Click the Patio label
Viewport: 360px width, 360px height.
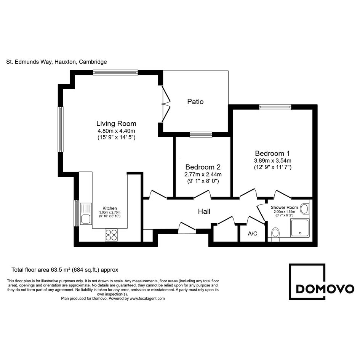coord(195,101)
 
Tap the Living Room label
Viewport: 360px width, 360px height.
coord(116,123)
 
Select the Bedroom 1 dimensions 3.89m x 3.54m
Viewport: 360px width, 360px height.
coord(272,160)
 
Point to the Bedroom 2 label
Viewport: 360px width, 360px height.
coord(203,167)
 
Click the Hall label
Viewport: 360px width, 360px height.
coord(204,211)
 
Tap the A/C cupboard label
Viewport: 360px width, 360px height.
coord(253,234)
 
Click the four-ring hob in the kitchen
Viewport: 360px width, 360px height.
coord(111,235)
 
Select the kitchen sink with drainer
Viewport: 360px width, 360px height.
coord(86,213)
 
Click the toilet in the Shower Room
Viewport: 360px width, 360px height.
coord(275,234)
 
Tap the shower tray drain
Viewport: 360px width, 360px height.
coord(300,233)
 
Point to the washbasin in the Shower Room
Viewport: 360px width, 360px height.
coord(305,209)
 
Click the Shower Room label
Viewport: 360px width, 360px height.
coord(284,207)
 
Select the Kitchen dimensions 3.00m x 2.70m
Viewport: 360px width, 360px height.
coord(110,212)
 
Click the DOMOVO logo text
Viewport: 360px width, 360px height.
coord(325,289)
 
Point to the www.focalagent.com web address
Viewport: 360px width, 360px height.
coord(147,298)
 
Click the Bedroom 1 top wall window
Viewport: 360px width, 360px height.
coord(275,107)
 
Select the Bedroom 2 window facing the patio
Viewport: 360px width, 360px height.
coord(201,134)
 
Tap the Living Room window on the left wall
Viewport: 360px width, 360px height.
coord(61,129)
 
